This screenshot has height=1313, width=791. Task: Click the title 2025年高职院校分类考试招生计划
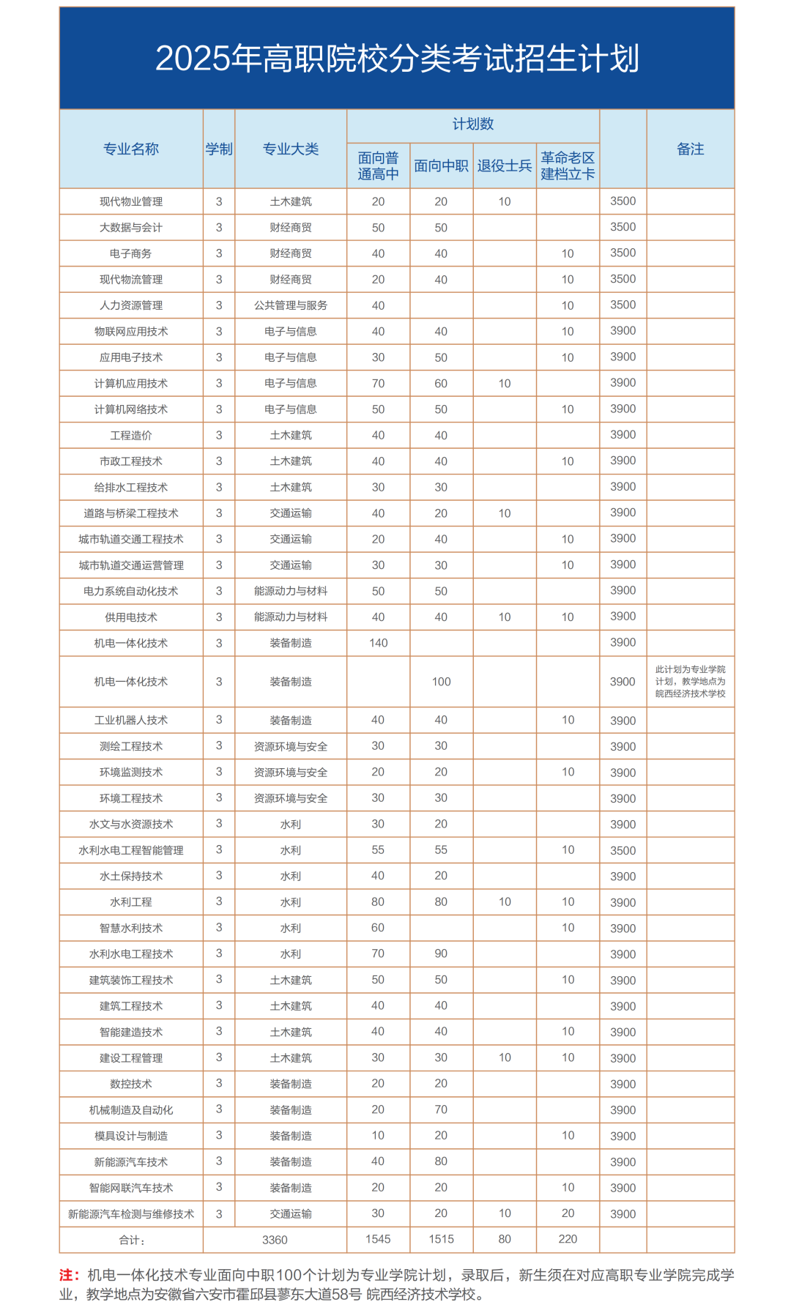[x=397, y=59]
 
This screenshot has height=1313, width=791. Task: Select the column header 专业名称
[x=131, y=149]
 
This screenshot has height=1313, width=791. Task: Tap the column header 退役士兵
[x=505, y=166]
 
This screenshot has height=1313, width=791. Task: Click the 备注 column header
[x=690, y=149]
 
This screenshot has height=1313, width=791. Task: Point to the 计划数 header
[x=473, y=124]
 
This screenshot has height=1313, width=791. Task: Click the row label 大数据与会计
[x=131, y=228]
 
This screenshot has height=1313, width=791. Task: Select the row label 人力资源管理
[x=131, y=305]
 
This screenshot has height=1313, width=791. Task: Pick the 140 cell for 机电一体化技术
[x=378, y=643]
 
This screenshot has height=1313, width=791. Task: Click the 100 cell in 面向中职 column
[x=441, y=682]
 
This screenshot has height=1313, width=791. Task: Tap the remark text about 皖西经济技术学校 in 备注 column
[x=690, y=682]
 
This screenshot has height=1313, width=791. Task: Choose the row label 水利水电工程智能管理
[x=131, y=850]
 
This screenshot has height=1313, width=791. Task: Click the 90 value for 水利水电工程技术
[x=441, y=953]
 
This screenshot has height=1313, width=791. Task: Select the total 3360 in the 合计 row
[x=275, y=1240]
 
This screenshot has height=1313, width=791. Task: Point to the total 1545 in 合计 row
[x=378, y=1239]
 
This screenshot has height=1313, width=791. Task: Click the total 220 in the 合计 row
[x=568, y=1239]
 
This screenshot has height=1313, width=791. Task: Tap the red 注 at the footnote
[x=67, y=1275]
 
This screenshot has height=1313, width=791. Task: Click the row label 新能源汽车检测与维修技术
[x=131, y=1214]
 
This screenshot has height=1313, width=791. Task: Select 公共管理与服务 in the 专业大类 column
[x=291, y=305]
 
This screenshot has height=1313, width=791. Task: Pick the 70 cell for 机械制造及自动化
[x=441, y=1109]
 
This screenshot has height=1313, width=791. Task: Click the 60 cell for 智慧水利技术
[x=378, y=928]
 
